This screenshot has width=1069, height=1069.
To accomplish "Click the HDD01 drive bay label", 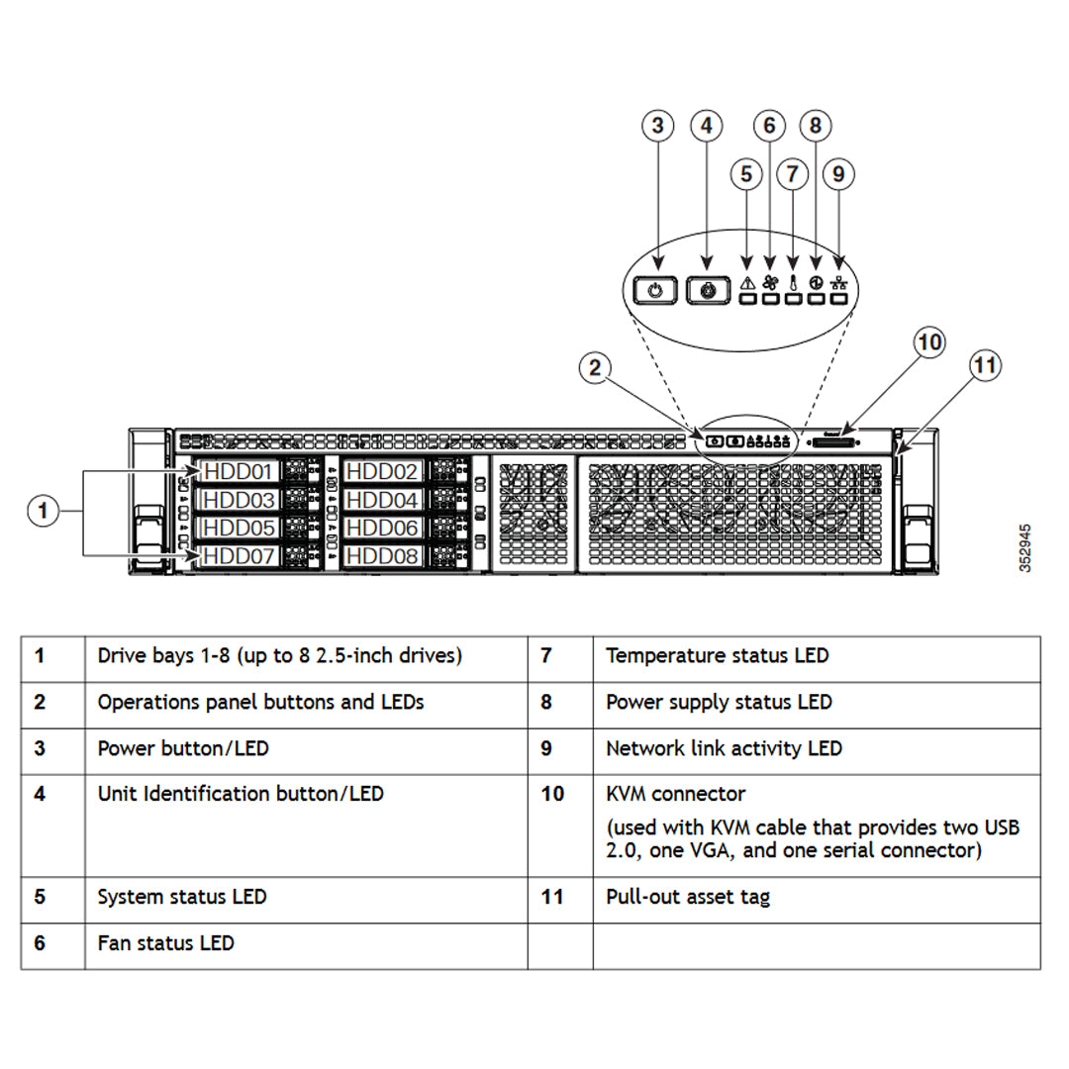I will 239,471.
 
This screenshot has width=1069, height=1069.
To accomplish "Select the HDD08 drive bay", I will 383,556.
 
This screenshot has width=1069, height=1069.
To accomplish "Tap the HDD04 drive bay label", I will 383,500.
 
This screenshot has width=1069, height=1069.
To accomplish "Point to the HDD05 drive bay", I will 239,529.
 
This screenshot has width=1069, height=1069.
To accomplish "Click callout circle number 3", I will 657,127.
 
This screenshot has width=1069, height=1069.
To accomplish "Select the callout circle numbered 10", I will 929,343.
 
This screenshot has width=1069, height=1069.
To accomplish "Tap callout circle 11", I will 985,366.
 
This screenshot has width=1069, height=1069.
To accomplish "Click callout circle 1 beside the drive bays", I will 42,512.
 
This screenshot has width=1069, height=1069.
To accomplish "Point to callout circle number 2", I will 594,368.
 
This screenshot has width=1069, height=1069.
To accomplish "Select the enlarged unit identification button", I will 707,291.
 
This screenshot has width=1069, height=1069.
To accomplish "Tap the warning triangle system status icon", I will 747,282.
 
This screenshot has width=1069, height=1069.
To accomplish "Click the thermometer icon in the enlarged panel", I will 793,282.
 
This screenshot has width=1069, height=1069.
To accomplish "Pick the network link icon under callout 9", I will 838,282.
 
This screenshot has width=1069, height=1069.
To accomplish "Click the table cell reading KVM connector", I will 676,794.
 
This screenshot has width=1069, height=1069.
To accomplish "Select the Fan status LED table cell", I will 165,943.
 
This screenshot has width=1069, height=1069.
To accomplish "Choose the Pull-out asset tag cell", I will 687,897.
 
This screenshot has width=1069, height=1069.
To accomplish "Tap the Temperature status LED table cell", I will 717,655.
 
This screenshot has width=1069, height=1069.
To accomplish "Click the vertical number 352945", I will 1025,547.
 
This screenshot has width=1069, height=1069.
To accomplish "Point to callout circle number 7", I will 792,174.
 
